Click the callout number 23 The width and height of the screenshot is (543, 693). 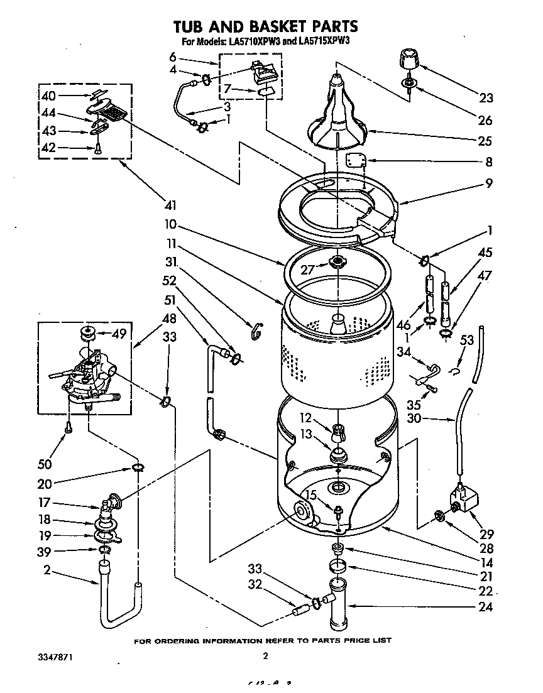point(485,98)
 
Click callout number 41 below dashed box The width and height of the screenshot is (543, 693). point(170,204)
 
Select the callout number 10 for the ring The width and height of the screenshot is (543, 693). point(173,224)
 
